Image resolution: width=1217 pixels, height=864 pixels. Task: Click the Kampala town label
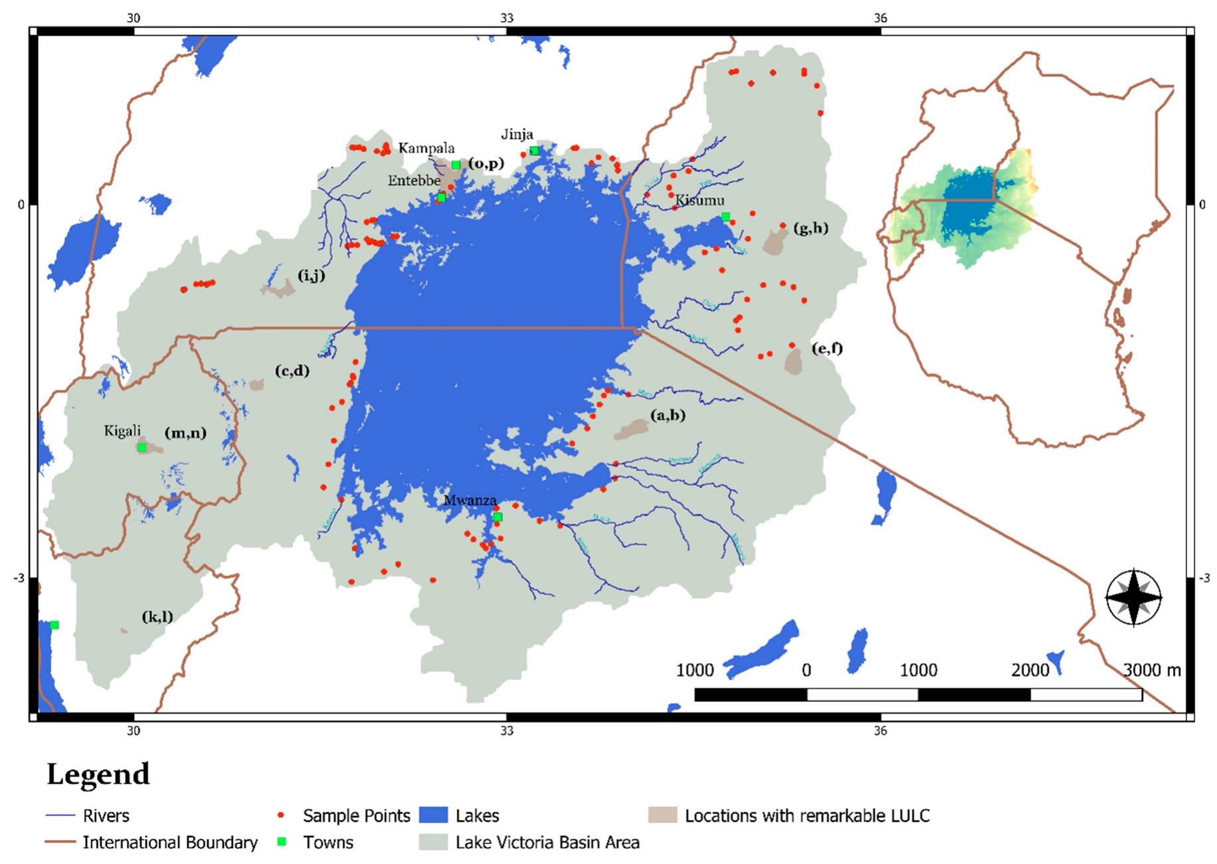coord(426,148)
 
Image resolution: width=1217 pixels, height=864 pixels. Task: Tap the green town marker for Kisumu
coord(725,216)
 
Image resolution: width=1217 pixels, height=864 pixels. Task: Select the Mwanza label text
coord(470,501)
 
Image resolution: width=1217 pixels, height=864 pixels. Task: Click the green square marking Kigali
coord(142,448)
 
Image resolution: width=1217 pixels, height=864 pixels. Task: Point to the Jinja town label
coord(517,135)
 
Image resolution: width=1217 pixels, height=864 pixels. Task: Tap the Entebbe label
coord(414,181)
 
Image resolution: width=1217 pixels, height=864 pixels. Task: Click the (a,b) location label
coord(668,416)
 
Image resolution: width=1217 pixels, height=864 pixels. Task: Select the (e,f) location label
coord(826,348)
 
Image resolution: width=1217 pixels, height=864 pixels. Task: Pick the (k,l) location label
coord(157,616)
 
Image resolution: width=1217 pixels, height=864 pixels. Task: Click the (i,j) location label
coord(311,275)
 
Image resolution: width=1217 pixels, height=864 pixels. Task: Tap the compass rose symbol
coord(1133,598)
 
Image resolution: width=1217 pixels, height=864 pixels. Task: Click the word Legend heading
coord(98,774)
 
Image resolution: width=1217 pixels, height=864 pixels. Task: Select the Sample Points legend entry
coord(356,816)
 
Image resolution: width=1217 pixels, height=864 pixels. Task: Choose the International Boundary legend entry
coord(169,842)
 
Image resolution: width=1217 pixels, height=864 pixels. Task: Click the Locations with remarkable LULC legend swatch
coord(662,815)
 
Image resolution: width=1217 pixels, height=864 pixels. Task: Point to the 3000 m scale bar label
coord(1152,670)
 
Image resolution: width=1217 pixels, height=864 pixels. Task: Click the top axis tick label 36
coord(880,18)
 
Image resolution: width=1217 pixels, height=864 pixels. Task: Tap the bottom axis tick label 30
coord(134,731)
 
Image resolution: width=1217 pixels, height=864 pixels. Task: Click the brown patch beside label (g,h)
coord(775,242)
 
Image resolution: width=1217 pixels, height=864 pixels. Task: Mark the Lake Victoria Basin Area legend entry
coord(547,842)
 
